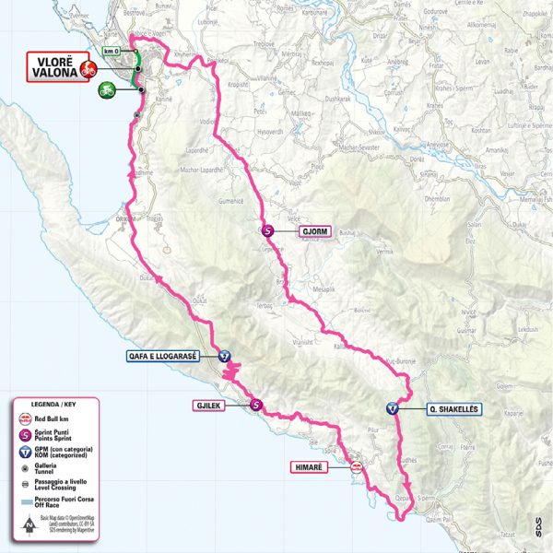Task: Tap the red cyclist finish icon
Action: [88, 69]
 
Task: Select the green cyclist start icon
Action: [108, 89]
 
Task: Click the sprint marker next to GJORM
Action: [267, 232]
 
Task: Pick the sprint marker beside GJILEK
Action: [257, 404]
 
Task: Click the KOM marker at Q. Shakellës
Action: [394, 409]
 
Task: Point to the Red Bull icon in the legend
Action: [24, 419]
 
